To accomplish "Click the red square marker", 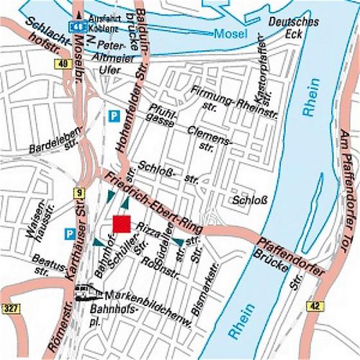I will coord(122,222).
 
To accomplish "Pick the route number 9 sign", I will coord(78,192).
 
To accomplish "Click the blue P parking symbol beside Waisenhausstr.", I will coord(70,233).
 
